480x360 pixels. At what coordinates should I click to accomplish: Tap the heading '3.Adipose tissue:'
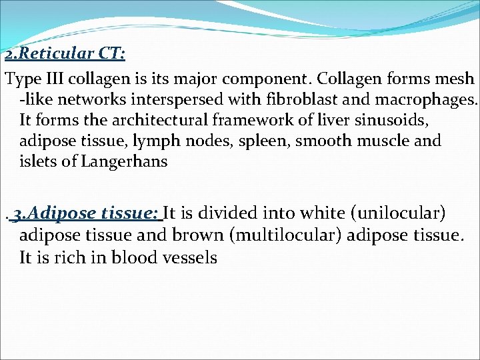[x=86, y=213]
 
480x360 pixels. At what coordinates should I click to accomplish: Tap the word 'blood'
[x=137, y=257]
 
